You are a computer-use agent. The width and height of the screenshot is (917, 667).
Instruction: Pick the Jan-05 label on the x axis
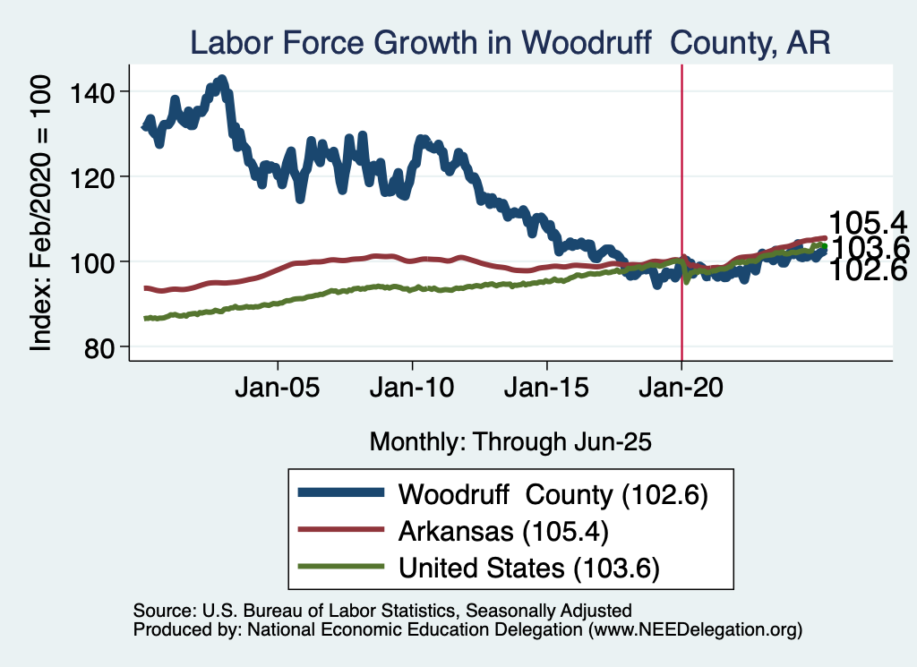278,390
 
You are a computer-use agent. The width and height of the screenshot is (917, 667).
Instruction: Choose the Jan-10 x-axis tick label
413,390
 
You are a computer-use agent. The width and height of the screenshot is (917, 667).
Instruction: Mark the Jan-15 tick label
547,390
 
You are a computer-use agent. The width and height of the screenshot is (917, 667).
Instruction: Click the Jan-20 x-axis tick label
681,390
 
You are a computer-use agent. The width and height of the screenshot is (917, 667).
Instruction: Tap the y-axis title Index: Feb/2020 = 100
43,212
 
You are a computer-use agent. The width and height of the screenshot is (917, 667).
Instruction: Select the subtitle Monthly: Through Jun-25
510,441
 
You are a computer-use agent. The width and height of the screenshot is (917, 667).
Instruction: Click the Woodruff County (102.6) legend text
553,494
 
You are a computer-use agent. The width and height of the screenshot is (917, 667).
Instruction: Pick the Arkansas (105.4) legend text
503,531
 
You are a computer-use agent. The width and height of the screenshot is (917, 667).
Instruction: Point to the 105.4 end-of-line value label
868,223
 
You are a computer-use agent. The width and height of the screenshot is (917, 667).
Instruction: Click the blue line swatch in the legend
341,494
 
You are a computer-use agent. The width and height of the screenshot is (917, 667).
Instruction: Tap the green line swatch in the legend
341,567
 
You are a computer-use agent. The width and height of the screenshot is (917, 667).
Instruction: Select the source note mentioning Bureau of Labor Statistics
382,611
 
